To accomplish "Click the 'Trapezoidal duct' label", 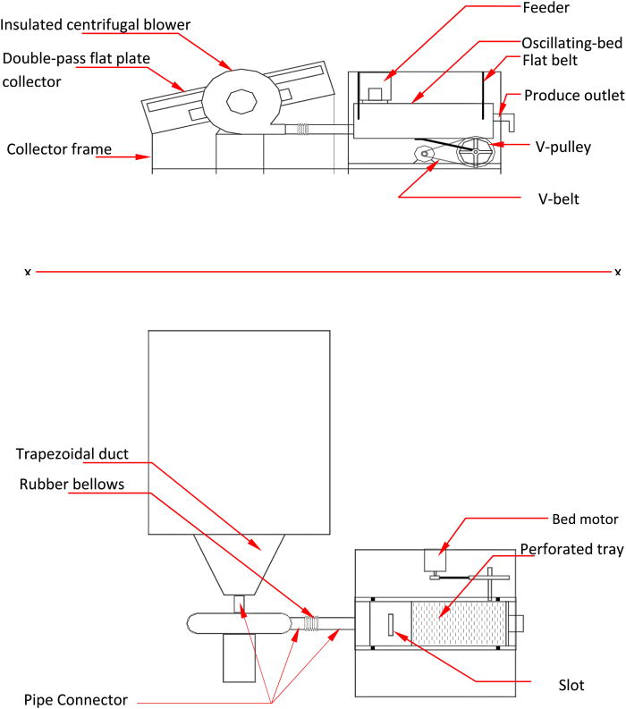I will (72, 453).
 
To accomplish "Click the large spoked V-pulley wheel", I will (475, 152).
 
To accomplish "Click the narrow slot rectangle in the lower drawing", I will (392, 626).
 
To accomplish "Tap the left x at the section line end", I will (28, 271).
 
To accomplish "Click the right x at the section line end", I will (617, 271).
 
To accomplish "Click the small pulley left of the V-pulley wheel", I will (423, 156).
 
